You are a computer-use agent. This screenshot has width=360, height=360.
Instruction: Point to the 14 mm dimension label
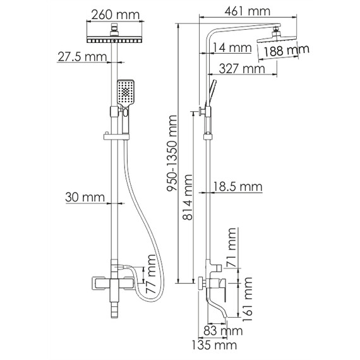tap(231, 47)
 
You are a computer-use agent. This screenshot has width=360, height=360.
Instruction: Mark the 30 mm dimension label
tap(85, 198)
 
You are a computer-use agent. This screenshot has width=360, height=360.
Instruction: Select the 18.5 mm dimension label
tap(237, 186)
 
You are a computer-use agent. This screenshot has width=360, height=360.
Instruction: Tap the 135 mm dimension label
tap(214, 345)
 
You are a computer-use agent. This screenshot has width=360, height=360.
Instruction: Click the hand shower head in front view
tap(125, 92)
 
